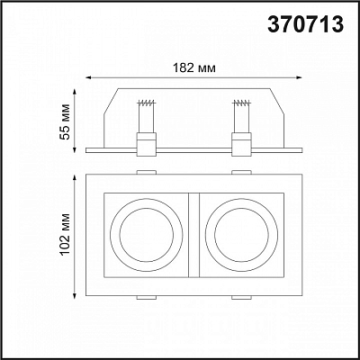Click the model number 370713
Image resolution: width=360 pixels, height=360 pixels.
click(305, 24)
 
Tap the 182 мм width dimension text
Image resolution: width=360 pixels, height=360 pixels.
click(194, 68)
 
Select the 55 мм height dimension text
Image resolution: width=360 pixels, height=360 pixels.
click(65, 121)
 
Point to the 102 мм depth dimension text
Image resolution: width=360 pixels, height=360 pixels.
click(65, 234)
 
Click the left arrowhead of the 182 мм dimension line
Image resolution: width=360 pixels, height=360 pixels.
click(88, 77)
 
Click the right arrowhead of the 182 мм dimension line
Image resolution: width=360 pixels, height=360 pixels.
click(300, 77)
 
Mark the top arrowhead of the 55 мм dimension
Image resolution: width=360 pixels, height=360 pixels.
click(75, 91)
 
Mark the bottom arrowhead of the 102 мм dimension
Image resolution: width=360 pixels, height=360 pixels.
click(75, 296)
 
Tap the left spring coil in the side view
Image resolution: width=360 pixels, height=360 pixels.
click(147, 103)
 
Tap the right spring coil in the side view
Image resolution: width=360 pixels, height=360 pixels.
click(241, 103)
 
